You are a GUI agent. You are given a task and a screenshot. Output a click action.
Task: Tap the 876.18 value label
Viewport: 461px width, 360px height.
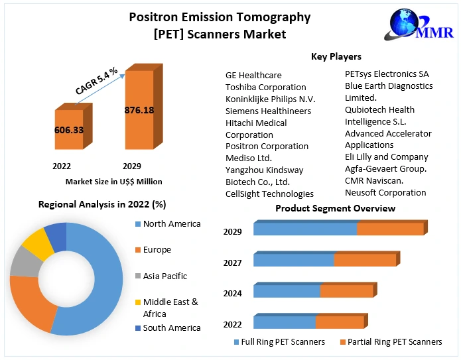[x=139, y=109]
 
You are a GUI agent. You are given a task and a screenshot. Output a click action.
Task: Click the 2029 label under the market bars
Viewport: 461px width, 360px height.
[x=131, y=166]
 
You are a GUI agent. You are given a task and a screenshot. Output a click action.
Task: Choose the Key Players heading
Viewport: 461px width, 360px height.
[x=336, y=57]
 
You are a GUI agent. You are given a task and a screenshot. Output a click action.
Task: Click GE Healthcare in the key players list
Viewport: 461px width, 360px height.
[x=253, y=76]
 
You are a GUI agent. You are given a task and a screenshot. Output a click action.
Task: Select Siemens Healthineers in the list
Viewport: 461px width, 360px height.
[x=268, y=111]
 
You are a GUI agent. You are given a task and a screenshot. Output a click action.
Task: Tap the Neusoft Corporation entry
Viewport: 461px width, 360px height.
[x=385, y=193]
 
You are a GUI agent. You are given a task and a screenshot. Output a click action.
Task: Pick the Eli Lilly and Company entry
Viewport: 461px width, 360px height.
[x=387, y=157]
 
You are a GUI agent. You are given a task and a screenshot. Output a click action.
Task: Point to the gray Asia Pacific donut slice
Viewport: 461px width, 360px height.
[x=25, y=262]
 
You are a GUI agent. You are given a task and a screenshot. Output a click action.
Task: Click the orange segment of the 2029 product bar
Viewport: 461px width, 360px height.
[x=390, y=229]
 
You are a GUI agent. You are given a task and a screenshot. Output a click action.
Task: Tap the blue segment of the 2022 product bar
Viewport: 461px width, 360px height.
[x=284, y=322]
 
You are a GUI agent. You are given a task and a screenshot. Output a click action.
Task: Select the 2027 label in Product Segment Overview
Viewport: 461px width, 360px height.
[x=232, y=263]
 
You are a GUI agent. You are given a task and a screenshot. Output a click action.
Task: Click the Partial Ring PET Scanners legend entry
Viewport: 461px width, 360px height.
[x=391, y=342]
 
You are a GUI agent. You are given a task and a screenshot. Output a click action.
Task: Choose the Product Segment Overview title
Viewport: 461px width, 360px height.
[x=335, y=208]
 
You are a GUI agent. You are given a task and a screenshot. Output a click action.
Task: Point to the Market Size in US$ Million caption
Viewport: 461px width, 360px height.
[x=114, y=182]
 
